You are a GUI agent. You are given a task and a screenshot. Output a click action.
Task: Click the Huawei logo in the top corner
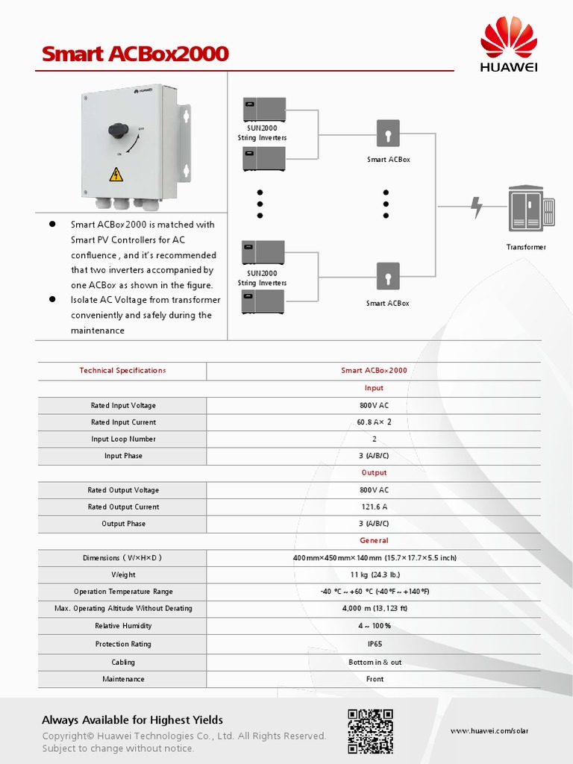point(510,46)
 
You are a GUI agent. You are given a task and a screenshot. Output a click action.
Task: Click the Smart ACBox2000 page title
point(135,54)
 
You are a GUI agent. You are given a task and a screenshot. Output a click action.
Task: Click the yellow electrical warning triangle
point(116,175)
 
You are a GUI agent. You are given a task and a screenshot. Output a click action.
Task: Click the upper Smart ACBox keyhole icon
point(388,134)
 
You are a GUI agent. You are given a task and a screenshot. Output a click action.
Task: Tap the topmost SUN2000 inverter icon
point(264,109)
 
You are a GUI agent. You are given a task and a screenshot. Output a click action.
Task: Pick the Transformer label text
point(526,247)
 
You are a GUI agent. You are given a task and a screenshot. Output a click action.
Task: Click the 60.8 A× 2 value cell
point(374,422)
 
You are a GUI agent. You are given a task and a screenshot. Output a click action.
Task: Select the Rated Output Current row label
point(123,507)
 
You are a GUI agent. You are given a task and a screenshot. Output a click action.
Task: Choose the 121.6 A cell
point(374,507)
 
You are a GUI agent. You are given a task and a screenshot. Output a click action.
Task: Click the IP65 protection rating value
point(375,644)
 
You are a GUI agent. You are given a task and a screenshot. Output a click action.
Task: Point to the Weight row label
point(123,575)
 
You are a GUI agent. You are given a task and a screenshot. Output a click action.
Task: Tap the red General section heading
point(374,540)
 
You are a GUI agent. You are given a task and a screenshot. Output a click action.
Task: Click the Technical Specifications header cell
point(122,371)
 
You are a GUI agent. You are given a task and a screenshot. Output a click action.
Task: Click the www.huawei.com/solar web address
point(489,731)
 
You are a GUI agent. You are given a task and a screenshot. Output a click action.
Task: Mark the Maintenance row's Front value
point(375,679)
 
